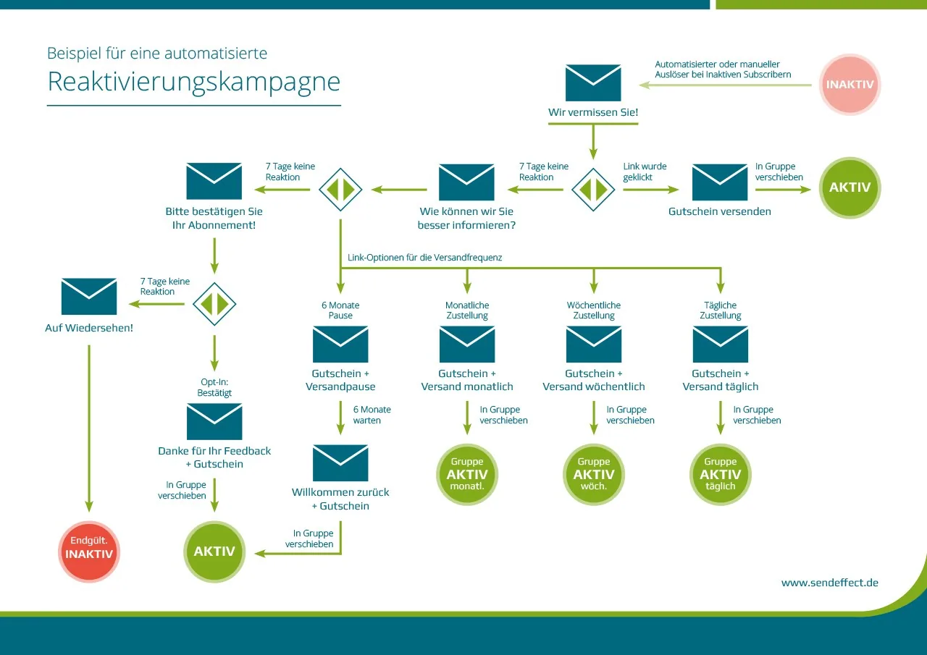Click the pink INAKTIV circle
click(850, 85)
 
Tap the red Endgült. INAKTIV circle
click(89, 552)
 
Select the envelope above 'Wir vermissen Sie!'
click(593, 83)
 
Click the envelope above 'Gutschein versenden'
click(720, 182)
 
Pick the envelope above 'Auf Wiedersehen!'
click(89, 297)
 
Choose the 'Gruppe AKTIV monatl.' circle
click(467, 474)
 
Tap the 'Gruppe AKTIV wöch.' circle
click(594, 474)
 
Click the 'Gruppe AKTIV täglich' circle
click(721, 474)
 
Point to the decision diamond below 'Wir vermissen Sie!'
click(593, 190)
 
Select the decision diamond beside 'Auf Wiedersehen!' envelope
click(214, 304)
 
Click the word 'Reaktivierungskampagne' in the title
click(193, 82)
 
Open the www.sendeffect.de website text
click(830, 583)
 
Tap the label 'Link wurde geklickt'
click(645, 172)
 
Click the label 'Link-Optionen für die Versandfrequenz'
click(424, 258)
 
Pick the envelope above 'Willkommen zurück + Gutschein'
click(340, 463)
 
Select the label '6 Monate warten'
click(372, 415)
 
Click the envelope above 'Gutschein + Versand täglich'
click(721, 345)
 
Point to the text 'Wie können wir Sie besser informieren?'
click(466, 219)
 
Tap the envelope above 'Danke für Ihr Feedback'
click(214, 422)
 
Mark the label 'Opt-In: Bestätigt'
click(214, 387)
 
